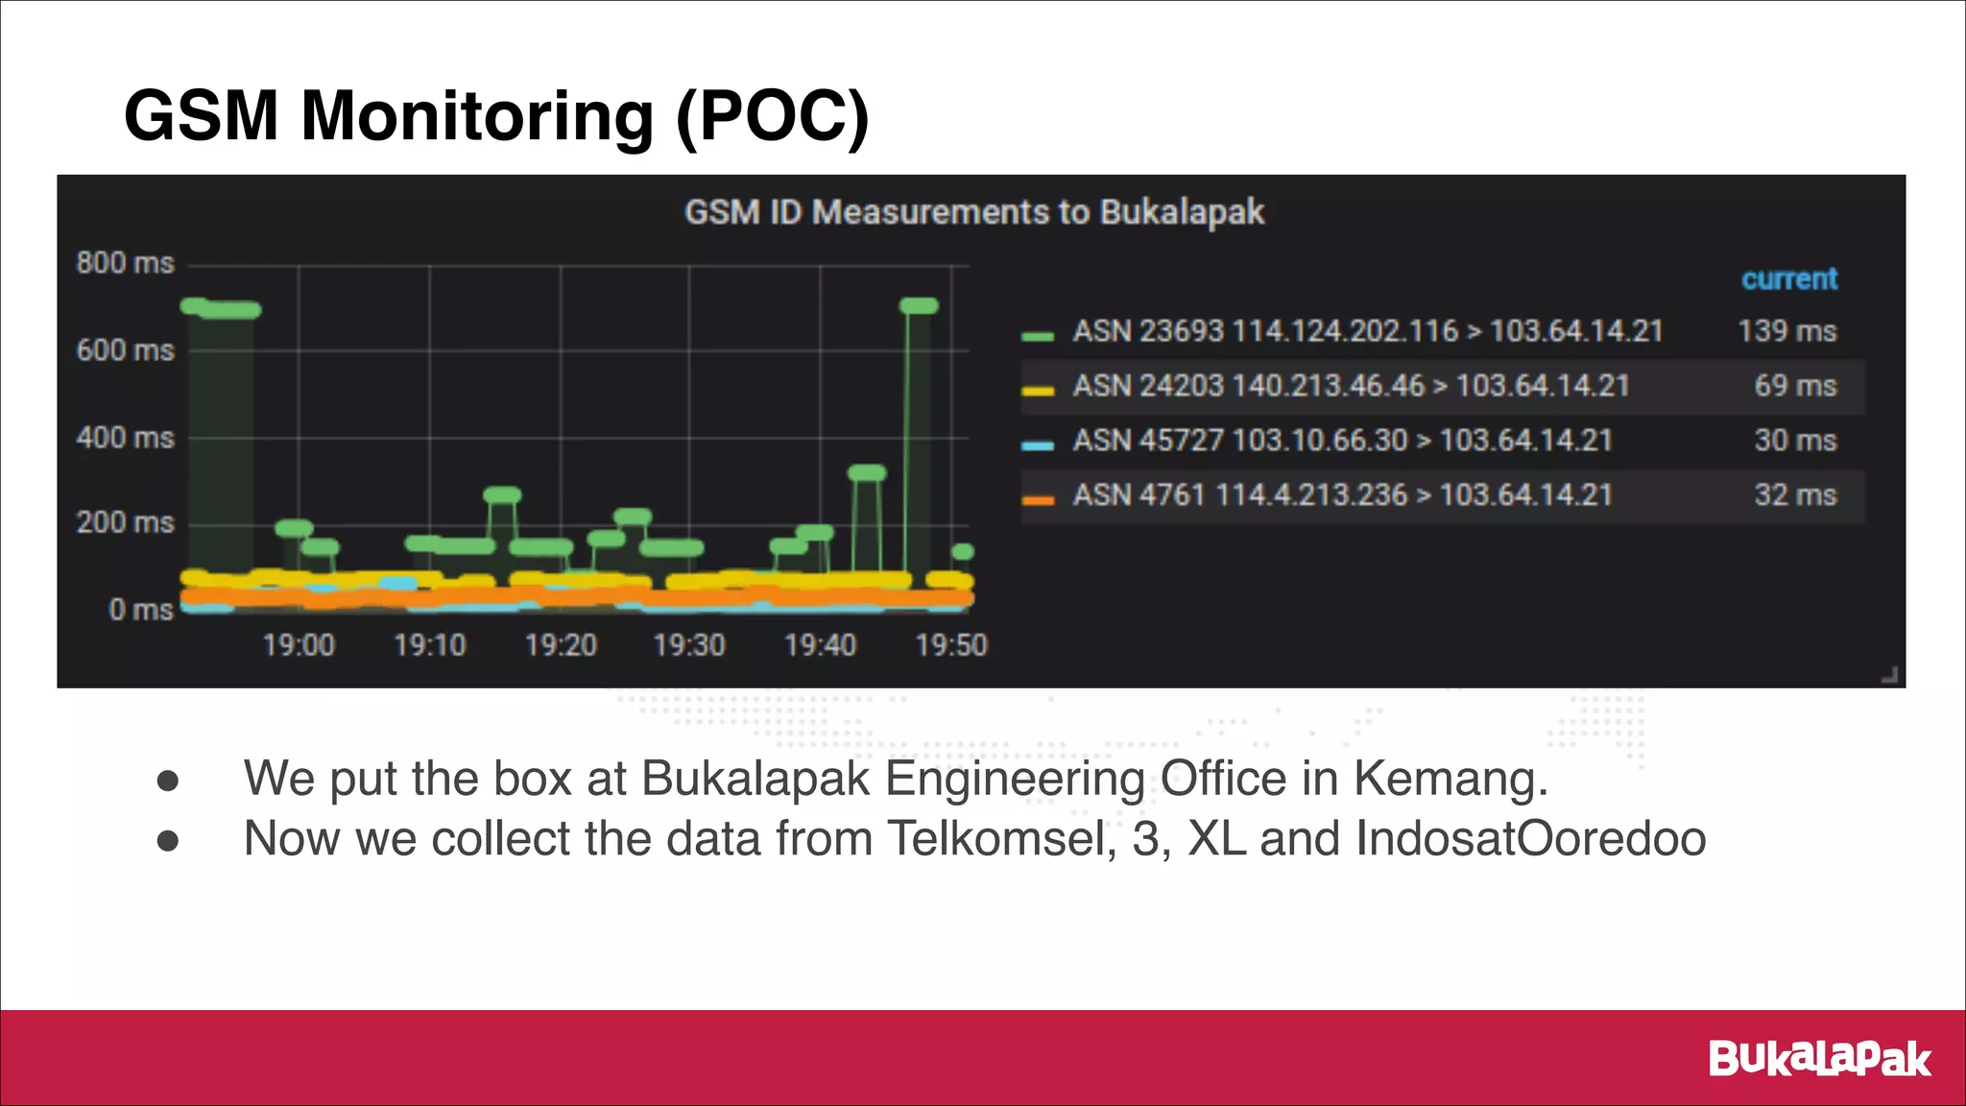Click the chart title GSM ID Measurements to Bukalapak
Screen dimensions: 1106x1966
point(973,212)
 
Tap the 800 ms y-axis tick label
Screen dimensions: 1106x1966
point(126,263)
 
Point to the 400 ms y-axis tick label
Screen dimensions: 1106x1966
point(126,438)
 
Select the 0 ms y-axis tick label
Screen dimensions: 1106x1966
point(141,610)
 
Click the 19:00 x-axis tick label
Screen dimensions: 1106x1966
point(299,644)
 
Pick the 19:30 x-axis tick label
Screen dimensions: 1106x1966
point(689,644)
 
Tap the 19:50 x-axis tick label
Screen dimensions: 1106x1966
point(950,644)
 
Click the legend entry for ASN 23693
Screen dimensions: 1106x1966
point(1367,331)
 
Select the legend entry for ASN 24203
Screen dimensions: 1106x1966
point(1351,386)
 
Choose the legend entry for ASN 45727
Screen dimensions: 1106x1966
point(1342,441)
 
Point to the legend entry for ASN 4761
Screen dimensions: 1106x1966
point(1342,495)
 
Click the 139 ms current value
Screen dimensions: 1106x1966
point(1786,331)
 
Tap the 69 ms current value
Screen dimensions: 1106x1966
point(1795,386)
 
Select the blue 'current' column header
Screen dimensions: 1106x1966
point(1789,278)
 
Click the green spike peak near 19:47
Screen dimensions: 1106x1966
point(919,306)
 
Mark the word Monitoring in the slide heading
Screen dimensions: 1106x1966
point(477,116)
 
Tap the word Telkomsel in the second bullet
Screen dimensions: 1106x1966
point(1001,838)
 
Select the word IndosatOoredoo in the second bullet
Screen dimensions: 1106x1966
point(1530,838)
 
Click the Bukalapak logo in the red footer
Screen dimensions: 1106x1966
point(1819,1059)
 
